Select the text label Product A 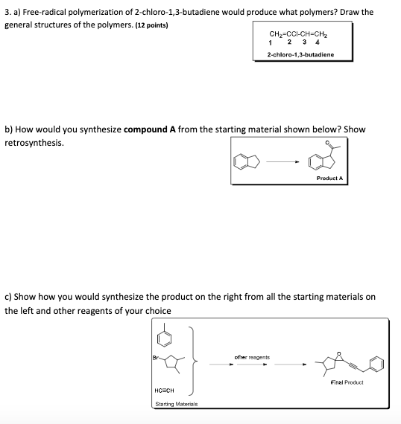click(329, 179)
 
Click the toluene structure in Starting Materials click(171, 335)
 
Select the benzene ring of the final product click(378, 364)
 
